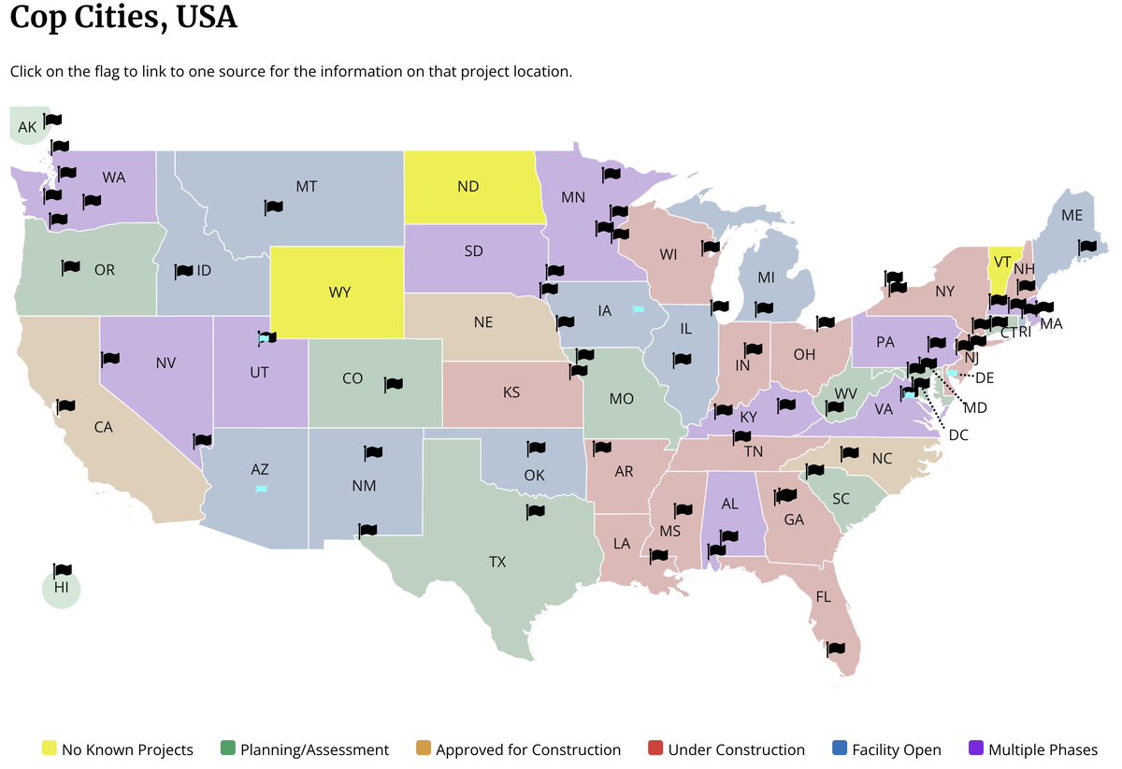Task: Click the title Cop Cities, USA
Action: pyautogui.click(x=123, y=17)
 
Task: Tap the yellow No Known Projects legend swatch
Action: pyautogui.click(x=49, y=748)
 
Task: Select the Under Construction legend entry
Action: pyautogui.click(x=726, y=749)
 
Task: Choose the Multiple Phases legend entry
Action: pyautogui.click(x=1033, y=749)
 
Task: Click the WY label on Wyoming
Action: pyautogui.click(x=339, y=292)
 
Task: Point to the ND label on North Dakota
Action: pyautogui.click(x=467, y=186)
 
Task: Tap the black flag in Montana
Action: pyautogui.click(x=273, y=206)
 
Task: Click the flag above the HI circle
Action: pyautogui.click(x=63, y=570)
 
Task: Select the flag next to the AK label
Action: pyautogui.click(x=52, y=120)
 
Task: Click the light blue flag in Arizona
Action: pyautogui.click(x=261, y=488)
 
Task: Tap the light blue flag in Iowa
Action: pyautogui.click(x=637, y=308)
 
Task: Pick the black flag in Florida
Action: pyautogui.click(x=836, y=648)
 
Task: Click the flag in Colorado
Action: pyautogui.click(x=393, y=383)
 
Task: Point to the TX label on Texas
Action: pyautogui.click(x=496, y=562)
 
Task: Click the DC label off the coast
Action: pyautogui.click(x=957, y=434)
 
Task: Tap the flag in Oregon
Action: pyautogui.click(x=70, y=267)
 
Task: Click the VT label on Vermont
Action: pyautogui.click(x=1001, y=261)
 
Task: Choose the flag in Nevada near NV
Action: pyautogui.click(x=110, y=359)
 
